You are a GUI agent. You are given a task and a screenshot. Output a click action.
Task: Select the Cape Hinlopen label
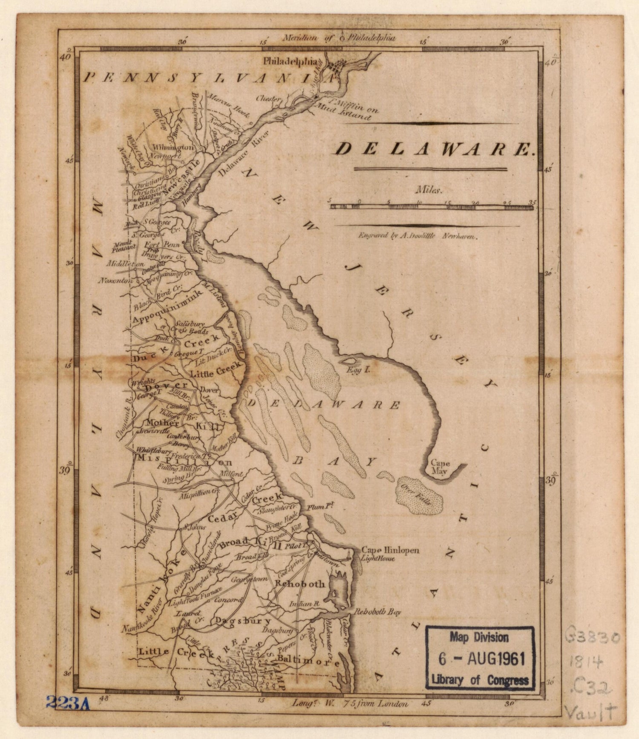390,550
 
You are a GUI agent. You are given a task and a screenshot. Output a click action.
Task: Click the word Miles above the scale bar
429,191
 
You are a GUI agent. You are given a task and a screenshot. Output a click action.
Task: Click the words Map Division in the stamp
479,638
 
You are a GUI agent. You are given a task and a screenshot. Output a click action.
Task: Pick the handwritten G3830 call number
593,638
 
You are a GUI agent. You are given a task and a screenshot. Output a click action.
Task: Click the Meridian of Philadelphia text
339,38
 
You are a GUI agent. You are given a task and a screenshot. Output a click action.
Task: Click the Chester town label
268,98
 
